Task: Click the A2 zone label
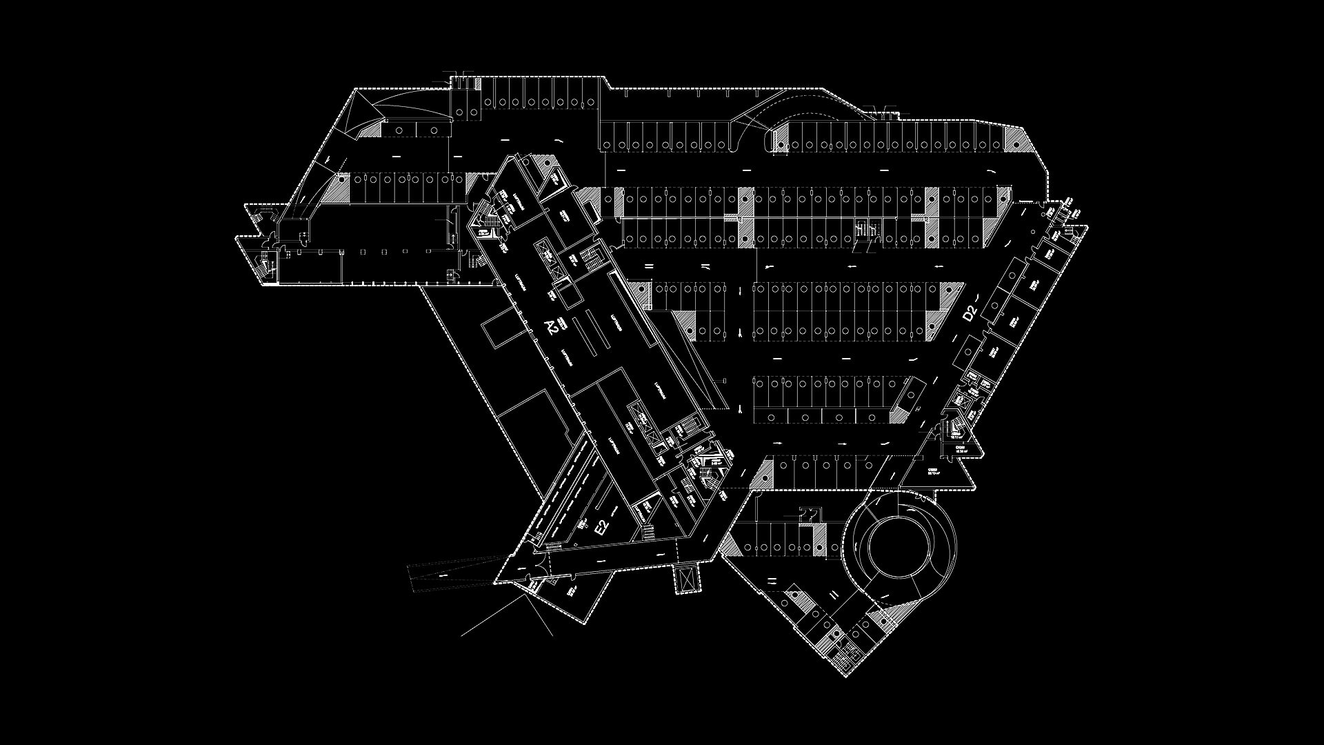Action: pos(551,327)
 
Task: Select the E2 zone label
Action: pos(602,528)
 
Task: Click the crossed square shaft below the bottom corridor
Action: pos(687,577)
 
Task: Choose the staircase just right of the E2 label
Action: pos(648,532)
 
